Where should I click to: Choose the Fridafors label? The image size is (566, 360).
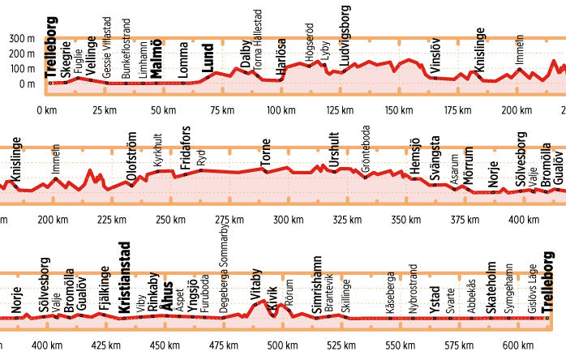[x=186, y=149]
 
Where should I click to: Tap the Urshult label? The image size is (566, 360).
[x=335, y=149]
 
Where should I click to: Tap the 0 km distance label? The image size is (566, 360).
[x=47, y=110]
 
